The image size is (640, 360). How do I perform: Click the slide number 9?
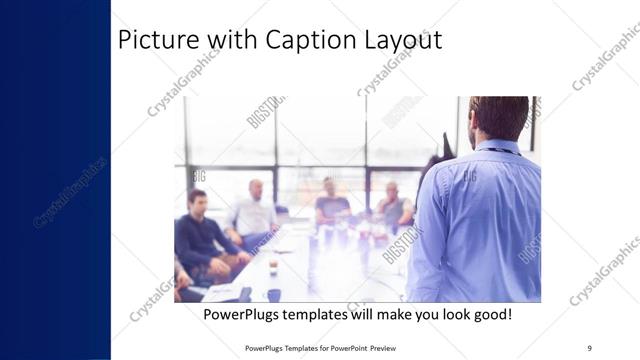(589, 347)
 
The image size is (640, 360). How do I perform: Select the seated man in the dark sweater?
(200, 232)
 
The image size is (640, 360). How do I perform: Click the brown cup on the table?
(273, 267)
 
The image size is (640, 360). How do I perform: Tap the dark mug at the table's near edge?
(273, 295)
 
